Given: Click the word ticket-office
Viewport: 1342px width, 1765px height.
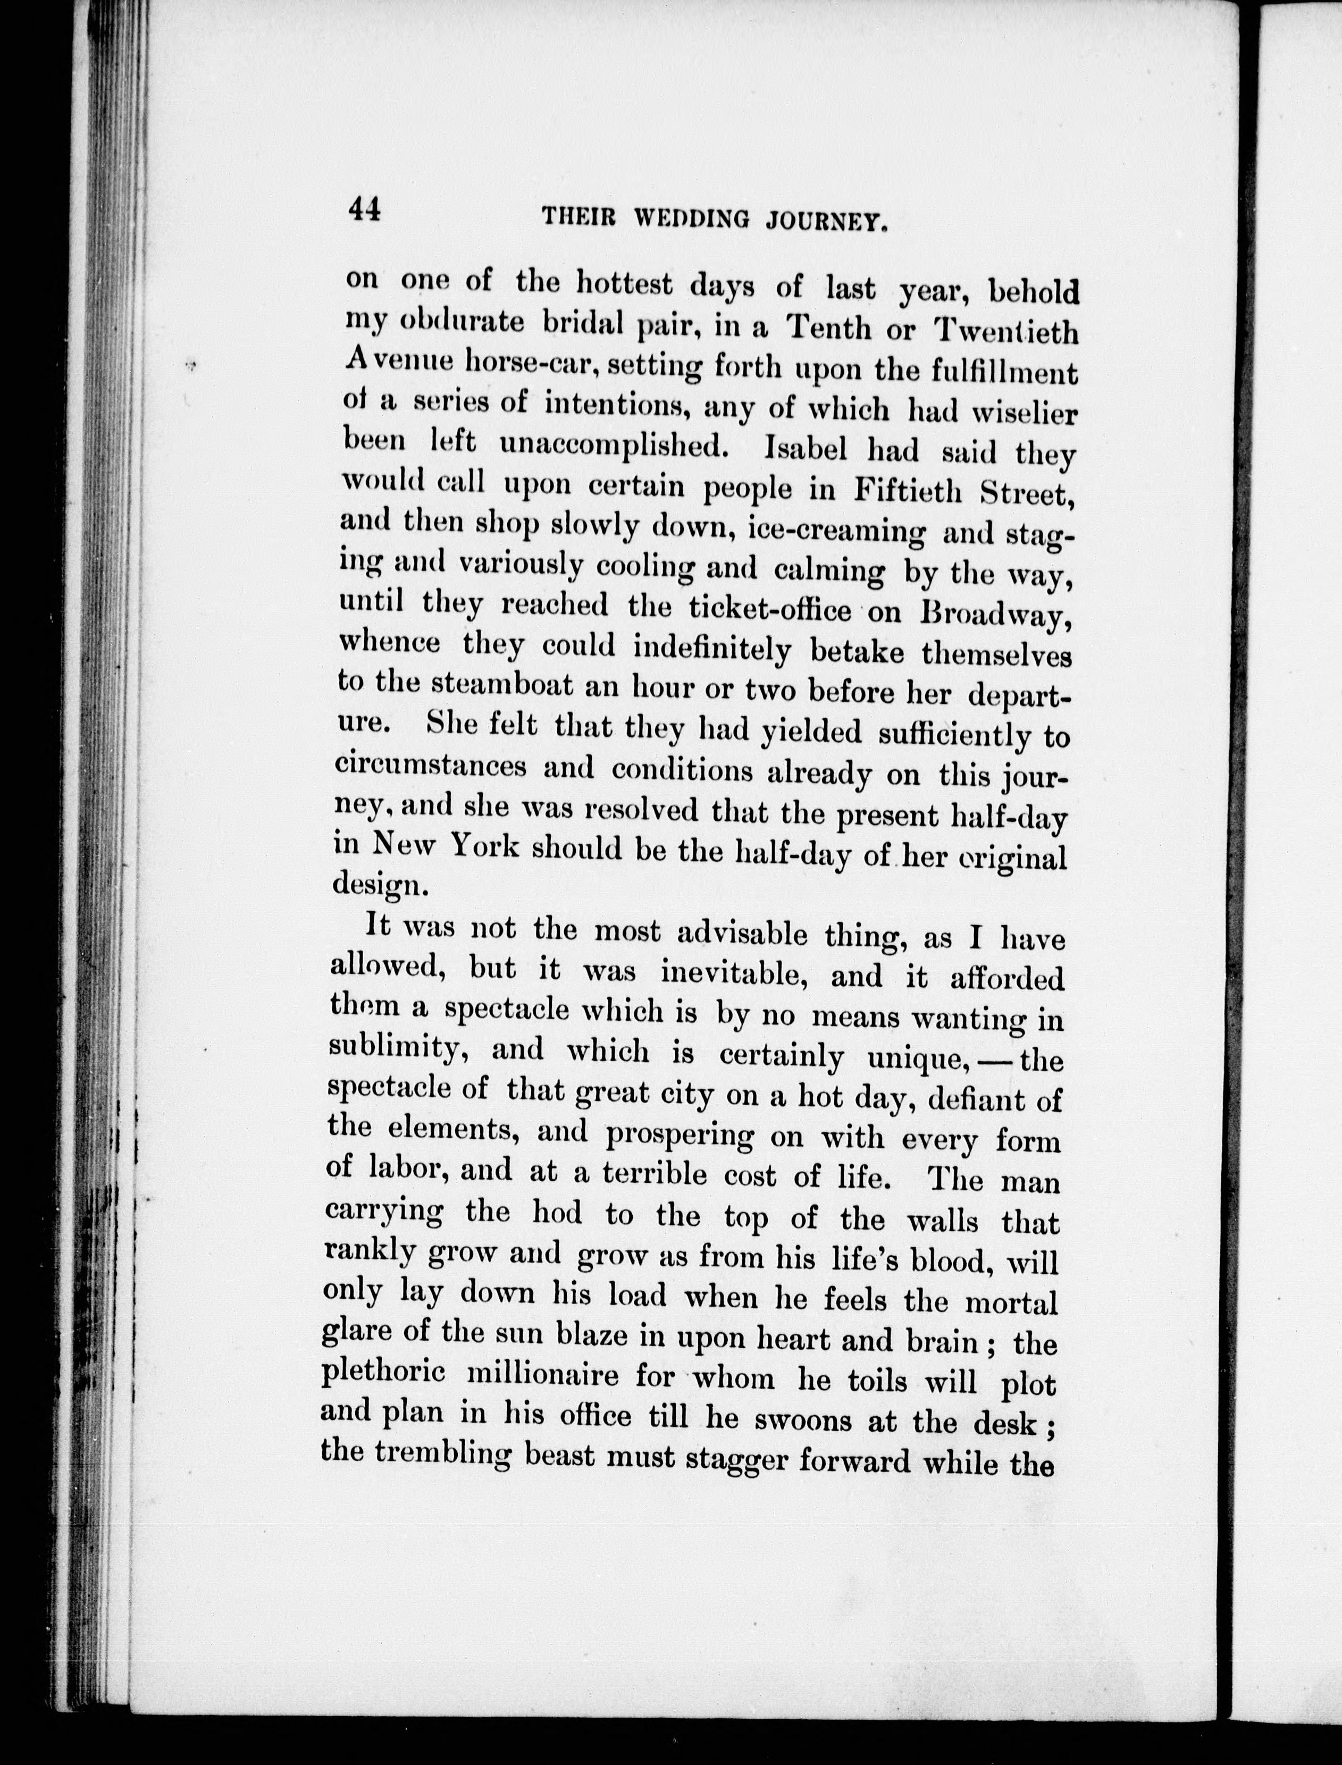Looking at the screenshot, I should (769, 611).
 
